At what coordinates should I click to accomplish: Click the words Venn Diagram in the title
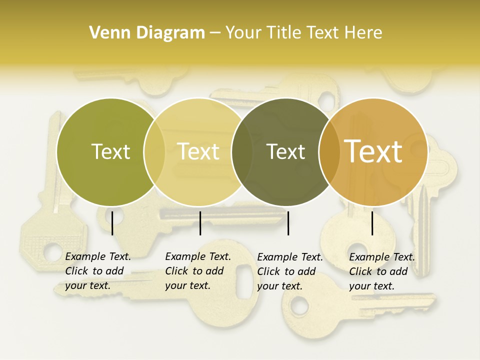147,33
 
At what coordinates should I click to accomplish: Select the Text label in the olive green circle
110,151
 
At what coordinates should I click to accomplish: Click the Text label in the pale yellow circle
198,151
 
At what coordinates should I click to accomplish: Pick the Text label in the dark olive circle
286,151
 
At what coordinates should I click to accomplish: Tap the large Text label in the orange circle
373,151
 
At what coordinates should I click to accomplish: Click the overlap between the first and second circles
154,152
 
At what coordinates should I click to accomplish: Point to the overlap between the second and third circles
242,152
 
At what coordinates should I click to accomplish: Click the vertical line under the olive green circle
112,223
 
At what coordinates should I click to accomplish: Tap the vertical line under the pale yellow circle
200,223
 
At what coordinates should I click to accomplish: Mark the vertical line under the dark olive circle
288,223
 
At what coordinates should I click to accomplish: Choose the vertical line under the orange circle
372,223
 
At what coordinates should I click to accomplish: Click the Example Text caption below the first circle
97,271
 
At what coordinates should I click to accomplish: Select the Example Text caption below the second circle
197,271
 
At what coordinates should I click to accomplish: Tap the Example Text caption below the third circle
289,271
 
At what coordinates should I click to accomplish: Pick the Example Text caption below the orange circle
381,271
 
